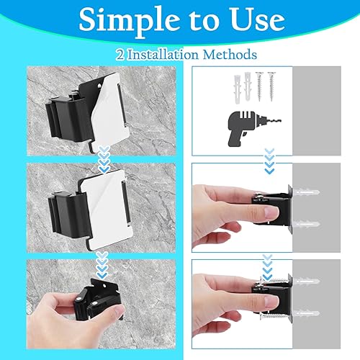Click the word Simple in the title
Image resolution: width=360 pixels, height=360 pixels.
coord(130,21)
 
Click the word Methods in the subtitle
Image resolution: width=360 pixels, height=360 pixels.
coord(230,55)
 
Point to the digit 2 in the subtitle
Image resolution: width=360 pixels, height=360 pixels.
coord(120,55)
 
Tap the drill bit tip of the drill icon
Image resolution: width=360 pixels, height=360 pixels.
coord(280,122)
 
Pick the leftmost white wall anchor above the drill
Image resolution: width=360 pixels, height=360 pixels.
coord(237,89)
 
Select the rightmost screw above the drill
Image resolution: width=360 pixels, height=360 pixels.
coord(271,86)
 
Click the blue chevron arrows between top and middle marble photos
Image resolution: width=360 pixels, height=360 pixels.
coord(104,159)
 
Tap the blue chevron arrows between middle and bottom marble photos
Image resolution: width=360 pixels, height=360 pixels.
coord(102,265)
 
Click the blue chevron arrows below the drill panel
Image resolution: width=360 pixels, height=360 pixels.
coord(270,161)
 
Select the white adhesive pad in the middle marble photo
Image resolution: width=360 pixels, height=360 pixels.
coord(107,207)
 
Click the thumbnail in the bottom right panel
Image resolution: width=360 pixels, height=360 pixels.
coord(270,302)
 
